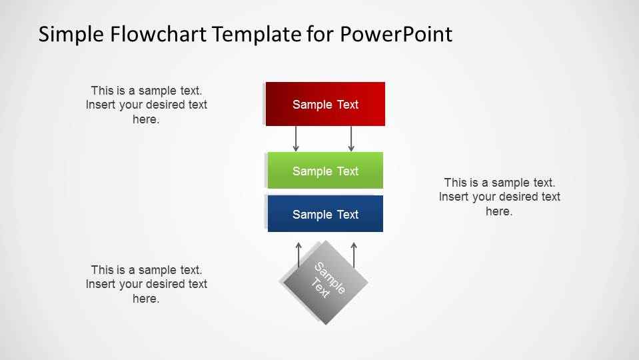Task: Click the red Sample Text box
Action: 325,104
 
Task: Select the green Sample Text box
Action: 325,171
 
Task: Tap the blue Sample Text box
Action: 325,214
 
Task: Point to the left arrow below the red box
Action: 297,138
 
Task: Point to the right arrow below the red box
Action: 351,138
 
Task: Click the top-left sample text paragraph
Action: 146,105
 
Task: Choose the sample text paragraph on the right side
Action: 499,197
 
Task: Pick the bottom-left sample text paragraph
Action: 146,284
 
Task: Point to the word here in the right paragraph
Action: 498,211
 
